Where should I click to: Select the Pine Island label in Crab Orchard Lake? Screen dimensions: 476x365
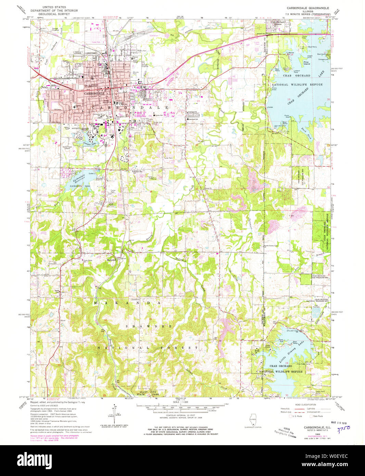coord(306,63)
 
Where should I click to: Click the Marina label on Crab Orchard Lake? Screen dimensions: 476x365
coord(291,53)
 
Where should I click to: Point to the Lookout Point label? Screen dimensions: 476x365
coord(294,71)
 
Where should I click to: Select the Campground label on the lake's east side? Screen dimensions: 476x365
coord(323,59)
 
